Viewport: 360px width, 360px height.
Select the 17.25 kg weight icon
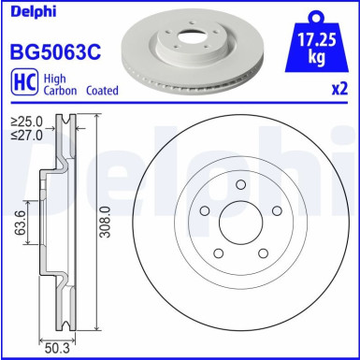click(318, 42)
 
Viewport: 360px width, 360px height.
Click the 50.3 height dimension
click(57, 349)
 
